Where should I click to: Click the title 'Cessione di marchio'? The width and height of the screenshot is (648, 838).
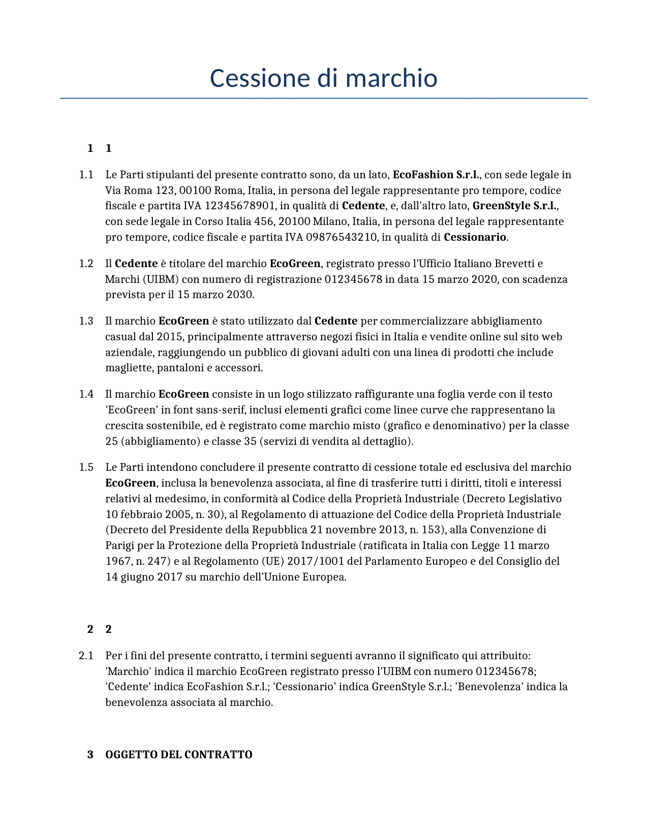click(323, 78)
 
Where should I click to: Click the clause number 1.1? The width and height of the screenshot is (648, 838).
click(86, 175)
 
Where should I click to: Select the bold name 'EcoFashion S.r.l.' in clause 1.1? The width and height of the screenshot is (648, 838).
click(436, 175)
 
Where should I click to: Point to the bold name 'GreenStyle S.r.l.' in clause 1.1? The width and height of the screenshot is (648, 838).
click(515, 206)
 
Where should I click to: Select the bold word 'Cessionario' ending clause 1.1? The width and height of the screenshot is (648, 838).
click(475, 237)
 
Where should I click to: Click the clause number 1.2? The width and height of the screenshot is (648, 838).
click(86, 264)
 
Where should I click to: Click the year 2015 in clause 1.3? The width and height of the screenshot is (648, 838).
click(169, 337)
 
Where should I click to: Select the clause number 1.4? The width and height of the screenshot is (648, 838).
click(86, 394)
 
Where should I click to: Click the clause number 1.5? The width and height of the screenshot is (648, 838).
click(86, 467)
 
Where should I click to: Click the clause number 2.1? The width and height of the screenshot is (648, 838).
click(86, 656)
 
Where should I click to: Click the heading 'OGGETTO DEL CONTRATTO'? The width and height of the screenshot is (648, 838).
click(178, 755)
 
